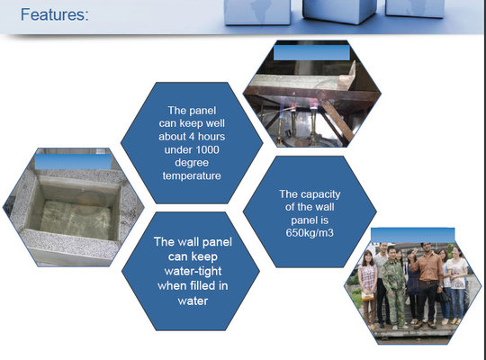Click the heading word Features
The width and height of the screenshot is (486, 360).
pos(55,14)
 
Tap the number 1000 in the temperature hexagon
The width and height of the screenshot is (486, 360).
pos(203,149)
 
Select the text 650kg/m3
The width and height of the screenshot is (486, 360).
pos(310,232)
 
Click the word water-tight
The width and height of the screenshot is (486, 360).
pos(193,271)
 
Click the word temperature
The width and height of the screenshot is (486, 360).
pos(192,175)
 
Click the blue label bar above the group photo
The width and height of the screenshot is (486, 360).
pos(412,235)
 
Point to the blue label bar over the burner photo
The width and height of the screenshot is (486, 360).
pos(311,52)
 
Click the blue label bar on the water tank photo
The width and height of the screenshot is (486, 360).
pos(73,162)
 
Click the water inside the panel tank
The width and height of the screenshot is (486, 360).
pos(76,220)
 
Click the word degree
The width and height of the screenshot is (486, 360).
pos(192,163)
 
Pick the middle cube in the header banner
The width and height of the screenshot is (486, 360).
pos(339,11)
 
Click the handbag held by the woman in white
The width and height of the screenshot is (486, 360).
pos(444,296)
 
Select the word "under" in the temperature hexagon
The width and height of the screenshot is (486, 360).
pos(175,150)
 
